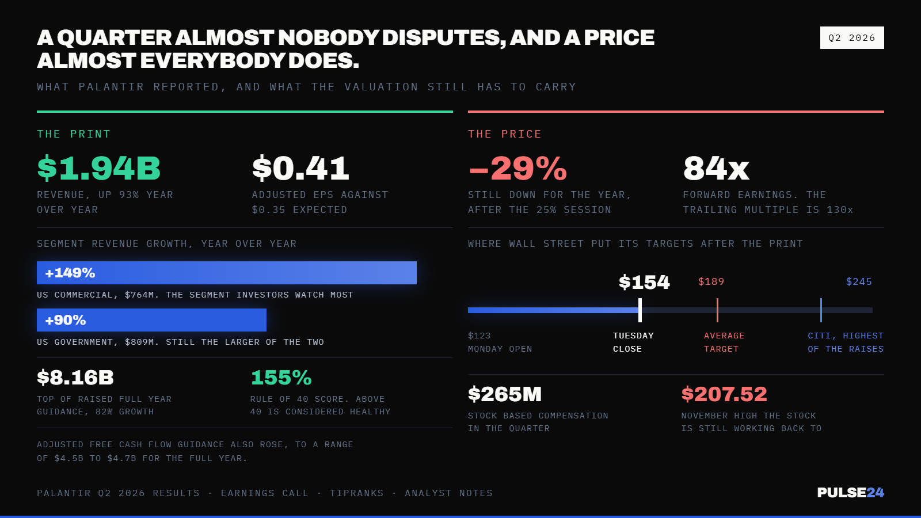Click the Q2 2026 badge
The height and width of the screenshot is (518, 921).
tap(852, 38)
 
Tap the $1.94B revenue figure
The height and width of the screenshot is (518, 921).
tap(98, 168)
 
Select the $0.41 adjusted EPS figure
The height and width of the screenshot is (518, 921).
tap(300, 168)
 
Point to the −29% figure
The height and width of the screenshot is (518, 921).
tap(517, 168)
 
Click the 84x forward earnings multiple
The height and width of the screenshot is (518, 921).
tap(716, 168)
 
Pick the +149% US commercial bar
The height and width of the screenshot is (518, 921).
tap(227, 273)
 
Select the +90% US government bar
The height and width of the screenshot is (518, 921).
tap(152, 320)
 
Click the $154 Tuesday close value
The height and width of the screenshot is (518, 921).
tap(644, 283)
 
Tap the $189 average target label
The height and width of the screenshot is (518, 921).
tap(711, 281)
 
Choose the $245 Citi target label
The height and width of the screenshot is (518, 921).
tap(859, 281)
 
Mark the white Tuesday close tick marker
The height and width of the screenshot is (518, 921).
tap(640, 310)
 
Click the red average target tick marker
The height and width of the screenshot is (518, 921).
tap(717, 310)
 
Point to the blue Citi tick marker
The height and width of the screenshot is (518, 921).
tap(821, 310)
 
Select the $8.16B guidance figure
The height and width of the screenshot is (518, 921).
tap(75, 378)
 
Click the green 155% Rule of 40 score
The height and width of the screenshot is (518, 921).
tap(281, 378)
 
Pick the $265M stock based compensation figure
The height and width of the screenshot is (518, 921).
tap(505, 394)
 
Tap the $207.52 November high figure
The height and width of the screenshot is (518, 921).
tap(724, 394)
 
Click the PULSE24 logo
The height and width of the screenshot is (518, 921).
tap(851, 493)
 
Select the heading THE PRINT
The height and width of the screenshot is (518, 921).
tap(74, 134)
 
